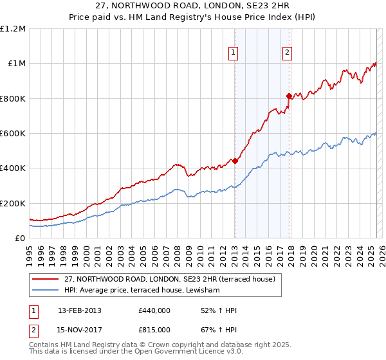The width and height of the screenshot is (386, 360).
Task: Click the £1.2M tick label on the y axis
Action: pos(13,28)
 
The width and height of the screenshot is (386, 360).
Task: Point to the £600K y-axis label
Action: pos(13,134)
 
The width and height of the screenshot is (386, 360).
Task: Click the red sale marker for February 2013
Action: pos(235,161)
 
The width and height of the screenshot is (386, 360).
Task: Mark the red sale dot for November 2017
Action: pos(289,96)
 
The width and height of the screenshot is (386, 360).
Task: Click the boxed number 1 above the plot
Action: pos(232,53)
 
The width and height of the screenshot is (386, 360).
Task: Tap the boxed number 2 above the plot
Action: pos(287,53)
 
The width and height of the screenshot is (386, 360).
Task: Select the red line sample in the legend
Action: pos(46,279)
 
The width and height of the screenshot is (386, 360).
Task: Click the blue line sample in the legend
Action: pos(46,291)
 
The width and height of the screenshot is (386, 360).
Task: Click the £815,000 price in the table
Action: pos(154,329)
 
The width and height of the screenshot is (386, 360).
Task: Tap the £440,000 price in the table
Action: pos(154,310)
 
